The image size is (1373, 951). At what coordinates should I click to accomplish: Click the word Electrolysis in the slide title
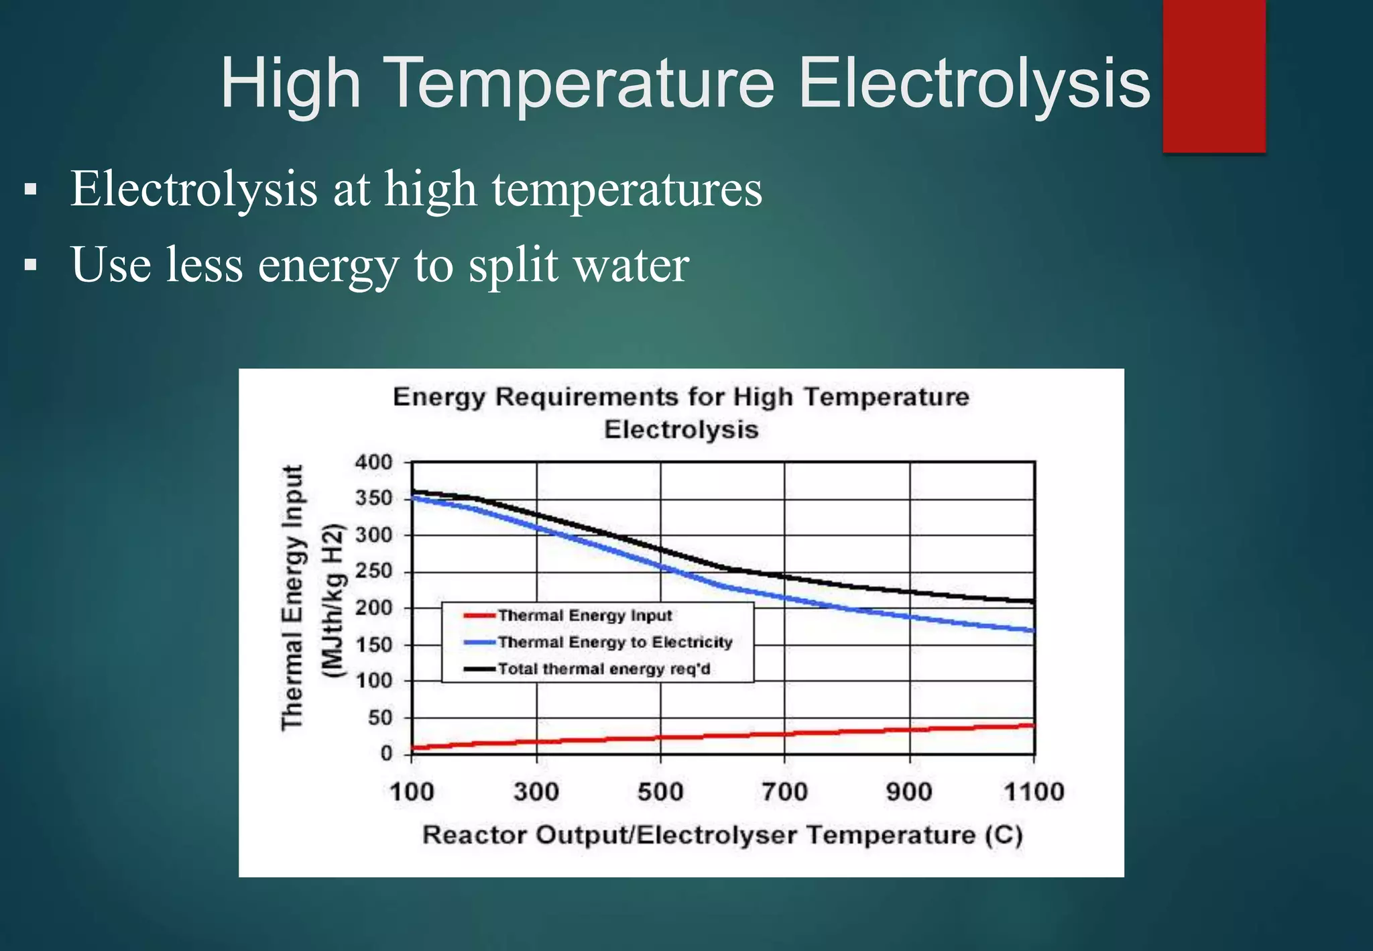tap(974, 84)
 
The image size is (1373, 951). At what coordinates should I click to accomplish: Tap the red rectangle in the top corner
tap(1213, 75)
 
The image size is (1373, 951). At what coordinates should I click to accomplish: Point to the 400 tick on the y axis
tap(373, 462)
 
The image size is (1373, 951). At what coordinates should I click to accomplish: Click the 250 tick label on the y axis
tap(373, 571)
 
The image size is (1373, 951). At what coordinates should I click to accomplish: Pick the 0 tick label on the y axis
tap(386, 754)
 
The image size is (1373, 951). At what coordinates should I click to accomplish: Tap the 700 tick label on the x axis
tap(784, 792)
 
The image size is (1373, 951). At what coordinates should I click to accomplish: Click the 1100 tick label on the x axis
tap(1034, 792)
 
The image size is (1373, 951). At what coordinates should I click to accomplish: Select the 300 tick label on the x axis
tap(536, 792)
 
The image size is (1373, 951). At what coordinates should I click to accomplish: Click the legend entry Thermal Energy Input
tap(585, 616)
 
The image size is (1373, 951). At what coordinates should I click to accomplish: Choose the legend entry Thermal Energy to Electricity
tap(615, 642)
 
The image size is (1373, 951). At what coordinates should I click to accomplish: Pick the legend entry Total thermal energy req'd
tap(603, 669)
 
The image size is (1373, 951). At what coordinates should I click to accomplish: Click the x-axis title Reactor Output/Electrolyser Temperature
tap(722, 836)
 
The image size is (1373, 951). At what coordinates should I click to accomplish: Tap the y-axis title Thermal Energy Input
tap(292, 597)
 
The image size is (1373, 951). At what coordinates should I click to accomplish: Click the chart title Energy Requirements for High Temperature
tap(681, 397)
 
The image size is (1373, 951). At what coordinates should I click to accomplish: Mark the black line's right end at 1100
tap(1033, 602)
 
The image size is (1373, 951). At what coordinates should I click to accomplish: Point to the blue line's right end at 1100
tap(1033, 630)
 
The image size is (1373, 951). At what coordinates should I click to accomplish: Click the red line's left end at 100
tap(413, 747)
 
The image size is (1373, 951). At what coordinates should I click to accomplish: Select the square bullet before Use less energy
tap(30, 265)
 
